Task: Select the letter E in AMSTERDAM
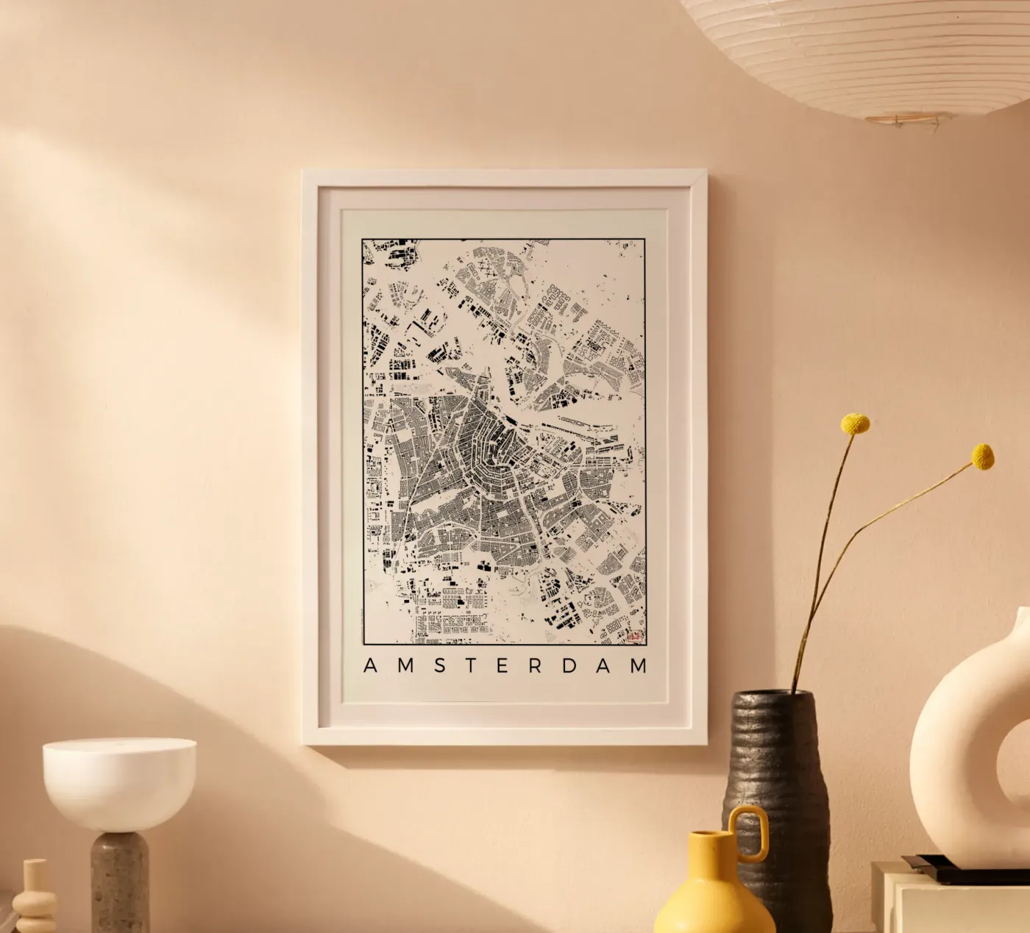click(x=505, y=665)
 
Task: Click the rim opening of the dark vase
click(x=772, y=696)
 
